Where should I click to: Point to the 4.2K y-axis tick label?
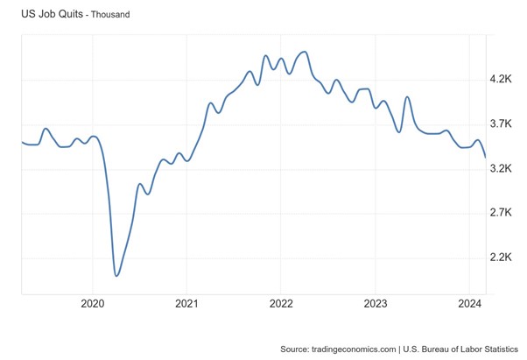tap(502, 80)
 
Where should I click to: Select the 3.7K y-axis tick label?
tap(502, 124)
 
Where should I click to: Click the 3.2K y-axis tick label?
tap(502, 169)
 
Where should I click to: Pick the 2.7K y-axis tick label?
tap(502, 213)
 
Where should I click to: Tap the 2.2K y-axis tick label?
tap(502, 258)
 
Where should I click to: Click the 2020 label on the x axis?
tap(92, 304)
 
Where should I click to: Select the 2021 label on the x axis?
tap(186, 304)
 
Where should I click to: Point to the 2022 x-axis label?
tap(281, 304)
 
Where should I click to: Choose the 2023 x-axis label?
tap(376, 304)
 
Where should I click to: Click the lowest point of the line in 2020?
tap(116, 276)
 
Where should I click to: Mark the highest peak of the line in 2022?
tap(304, 52)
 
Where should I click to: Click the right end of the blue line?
tap(486, 157)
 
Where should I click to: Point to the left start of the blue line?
tap(23, 142)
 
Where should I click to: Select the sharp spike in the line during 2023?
tap(407, 97)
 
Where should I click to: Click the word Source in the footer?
tap(294, 349)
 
